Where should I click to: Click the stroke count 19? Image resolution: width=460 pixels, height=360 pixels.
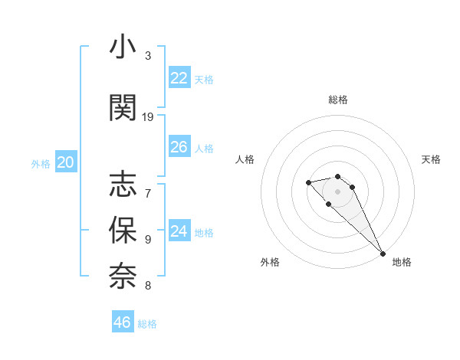point(148,117)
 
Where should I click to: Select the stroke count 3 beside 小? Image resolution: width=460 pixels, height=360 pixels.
point(148,56)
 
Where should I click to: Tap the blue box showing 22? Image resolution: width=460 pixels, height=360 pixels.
point(179,78)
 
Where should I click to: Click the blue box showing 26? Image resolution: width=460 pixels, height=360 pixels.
point(179,147)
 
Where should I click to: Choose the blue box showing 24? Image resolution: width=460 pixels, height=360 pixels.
point(179,231)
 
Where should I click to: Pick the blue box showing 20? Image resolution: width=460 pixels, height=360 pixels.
point(66,162)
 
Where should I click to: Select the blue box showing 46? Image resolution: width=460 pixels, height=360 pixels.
point(122,322)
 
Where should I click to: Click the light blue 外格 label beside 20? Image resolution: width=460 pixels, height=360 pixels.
point(41,163)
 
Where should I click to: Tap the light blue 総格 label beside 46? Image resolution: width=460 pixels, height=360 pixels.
point(147,324)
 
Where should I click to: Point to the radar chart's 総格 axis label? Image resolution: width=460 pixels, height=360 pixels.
point(337,100)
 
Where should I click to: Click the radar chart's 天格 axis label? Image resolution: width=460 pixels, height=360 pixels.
point(432,159)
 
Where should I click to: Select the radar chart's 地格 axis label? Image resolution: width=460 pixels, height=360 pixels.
point(402,262)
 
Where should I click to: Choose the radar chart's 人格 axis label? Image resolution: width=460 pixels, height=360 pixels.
point(245,159)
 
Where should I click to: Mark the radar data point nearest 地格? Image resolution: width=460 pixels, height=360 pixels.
point(383,254)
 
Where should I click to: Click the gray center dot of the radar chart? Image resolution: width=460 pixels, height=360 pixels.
point(337,191)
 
